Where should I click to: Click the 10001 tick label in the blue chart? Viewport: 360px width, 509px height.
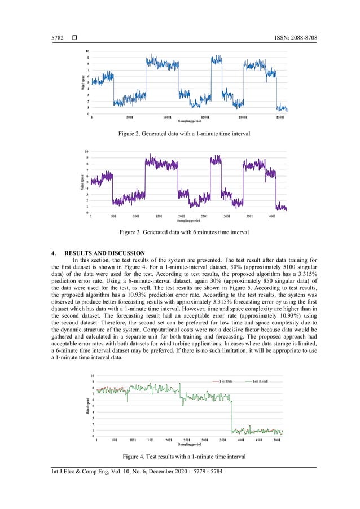click(167, 117)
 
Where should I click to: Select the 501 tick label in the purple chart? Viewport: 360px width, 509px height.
click(114, 216)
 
